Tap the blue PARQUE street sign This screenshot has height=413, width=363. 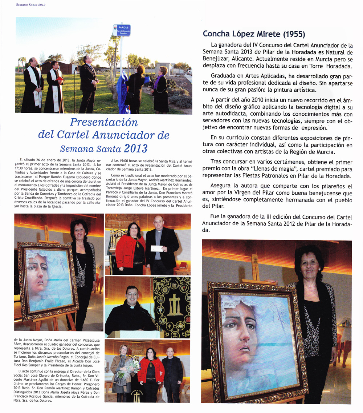click(x=121, y=30)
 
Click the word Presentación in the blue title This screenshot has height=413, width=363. click(x=103, y=122)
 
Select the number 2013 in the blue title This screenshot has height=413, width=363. click(x=135, y=148)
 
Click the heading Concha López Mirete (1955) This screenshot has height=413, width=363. click(x=254, y=34)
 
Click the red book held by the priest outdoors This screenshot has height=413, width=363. click(x=60, y=79)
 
